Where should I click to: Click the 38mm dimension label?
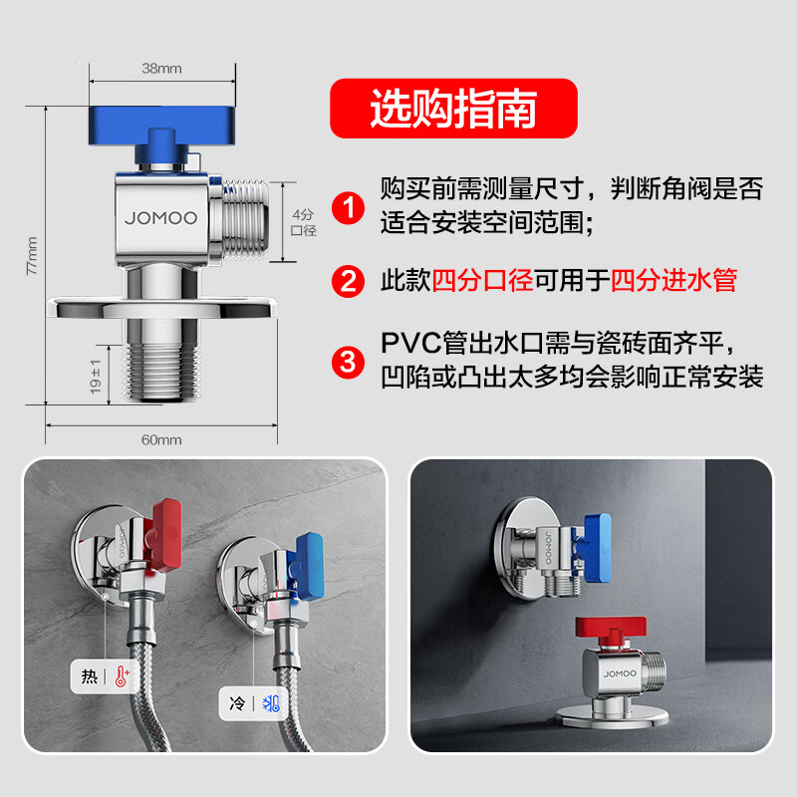161,68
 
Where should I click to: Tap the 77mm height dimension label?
32,256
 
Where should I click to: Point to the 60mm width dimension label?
161,439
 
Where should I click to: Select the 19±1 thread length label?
95,377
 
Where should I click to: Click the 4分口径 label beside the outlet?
304,222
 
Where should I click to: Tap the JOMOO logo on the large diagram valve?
161,218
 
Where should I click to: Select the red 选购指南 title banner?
453,109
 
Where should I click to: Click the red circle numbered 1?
348,207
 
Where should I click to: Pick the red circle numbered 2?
348,281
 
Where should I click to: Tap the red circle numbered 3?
348,362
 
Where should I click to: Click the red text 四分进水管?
673,280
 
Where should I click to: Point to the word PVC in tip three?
411,343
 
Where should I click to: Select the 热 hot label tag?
105,676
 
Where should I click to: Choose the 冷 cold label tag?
253,703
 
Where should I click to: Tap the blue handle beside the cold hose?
307,566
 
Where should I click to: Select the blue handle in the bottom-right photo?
596,547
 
